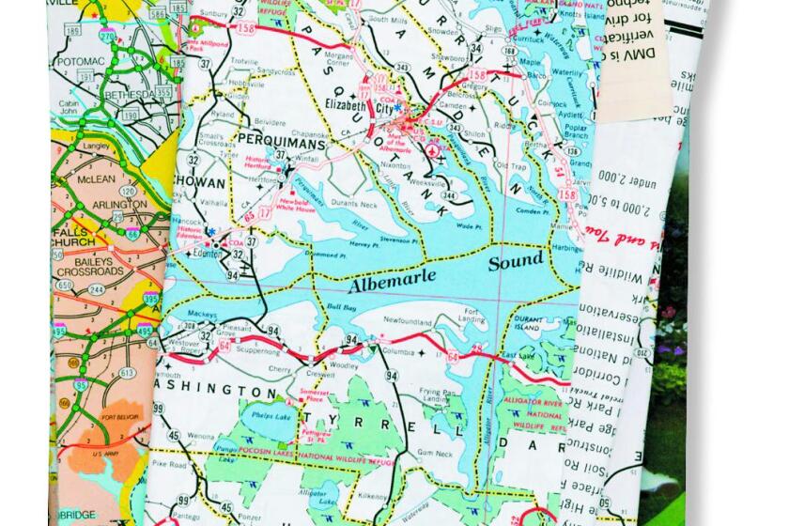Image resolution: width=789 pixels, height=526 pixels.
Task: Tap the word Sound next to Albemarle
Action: tap(515, 260)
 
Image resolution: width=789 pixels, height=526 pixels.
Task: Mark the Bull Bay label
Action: tap(340, 307)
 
